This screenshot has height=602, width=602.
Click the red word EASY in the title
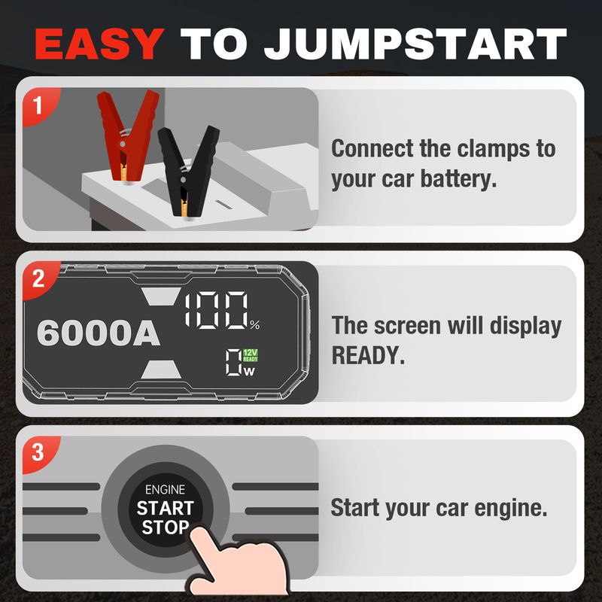click(99, 44)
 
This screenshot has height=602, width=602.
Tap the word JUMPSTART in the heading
click(415, 44)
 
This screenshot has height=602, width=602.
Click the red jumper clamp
click(126, 136)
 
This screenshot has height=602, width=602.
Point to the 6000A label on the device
click(99, 333)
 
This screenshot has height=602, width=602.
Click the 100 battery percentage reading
click(216, 310)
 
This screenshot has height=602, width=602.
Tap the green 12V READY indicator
click(251, 355)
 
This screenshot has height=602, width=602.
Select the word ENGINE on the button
click(165, 490)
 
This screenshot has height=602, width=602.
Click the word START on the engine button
click(165, 508)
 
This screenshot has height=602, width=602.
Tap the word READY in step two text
click(368, 355)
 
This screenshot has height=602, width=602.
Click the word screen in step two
click(407, 326)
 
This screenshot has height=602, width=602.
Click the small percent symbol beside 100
click(255, 325)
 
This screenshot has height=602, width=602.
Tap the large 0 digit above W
click(233, 362)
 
